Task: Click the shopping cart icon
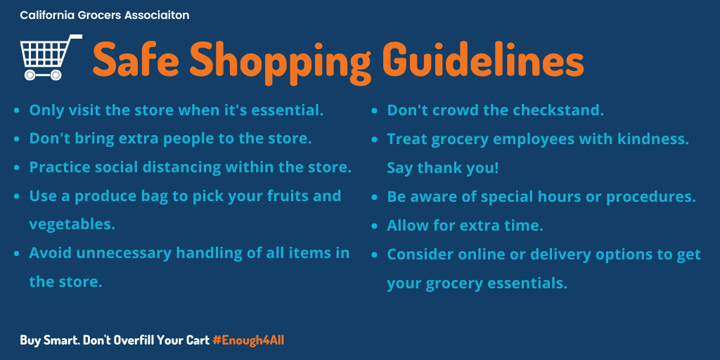pos(51,58)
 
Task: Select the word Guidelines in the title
pos(483,59)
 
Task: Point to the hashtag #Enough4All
pos(248,340)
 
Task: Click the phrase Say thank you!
pos(443,167)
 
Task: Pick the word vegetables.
pos(72,225)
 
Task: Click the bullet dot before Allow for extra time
pos(375,226)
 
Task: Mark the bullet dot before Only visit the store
pos(17,110)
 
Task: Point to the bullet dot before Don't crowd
pos(375,110)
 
